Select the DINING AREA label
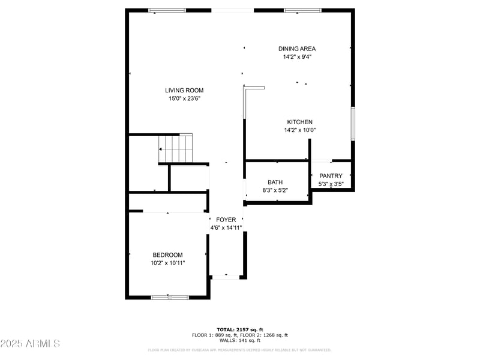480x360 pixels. [296, 49]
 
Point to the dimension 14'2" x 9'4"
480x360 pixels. [296, 57]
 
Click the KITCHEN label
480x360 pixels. [299, 122]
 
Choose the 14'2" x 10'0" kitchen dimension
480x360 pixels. [299, 130]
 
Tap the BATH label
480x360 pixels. [275, 182]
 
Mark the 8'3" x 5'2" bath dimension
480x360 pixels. [275, 190]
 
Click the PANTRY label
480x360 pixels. [331, 176]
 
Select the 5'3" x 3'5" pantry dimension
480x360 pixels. [331, 184]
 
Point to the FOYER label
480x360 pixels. [226, 220]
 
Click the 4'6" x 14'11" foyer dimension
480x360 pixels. [226, 228]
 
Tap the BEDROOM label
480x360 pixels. [167, 255]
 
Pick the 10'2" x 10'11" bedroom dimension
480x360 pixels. [167, 263]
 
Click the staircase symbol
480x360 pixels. [176, 149]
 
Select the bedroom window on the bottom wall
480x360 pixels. [170, 296]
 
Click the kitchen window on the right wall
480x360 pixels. [353, 123]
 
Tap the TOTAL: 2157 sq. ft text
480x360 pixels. [239, 329]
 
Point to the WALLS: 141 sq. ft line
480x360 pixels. [239, 341]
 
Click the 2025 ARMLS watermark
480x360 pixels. [30, 344]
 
